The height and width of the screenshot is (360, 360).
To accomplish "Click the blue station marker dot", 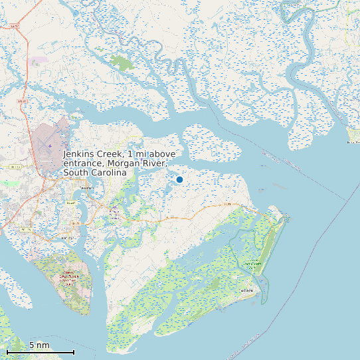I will pyautogui.click(x=179, y=179).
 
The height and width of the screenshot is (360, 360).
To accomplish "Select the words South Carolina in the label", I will pyautogui.click(x=94, y=173).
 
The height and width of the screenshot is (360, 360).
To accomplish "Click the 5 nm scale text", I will pyautogui.click(x=39, y=345).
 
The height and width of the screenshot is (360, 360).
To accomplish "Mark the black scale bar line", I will pyautogui.click(x=40, y=352).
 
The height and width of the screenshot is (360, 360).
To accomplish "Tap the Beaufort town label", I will pyautogui.click(x=85, y=189).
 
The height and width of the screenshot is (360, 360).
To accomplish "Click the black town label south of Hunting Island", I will pyautogui.click(x=247, y=291).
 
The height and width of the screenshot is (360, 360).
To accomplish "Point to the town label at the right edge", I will pyautogui.click(x=353, y=142).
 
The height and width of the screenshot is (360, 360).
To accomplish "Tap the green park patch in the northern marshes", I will pyautogui.click(x=122, y=63).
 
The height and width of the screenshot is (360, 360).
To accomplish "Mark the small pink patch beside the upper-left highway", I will pyautogui.click(x=37, y=60).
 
